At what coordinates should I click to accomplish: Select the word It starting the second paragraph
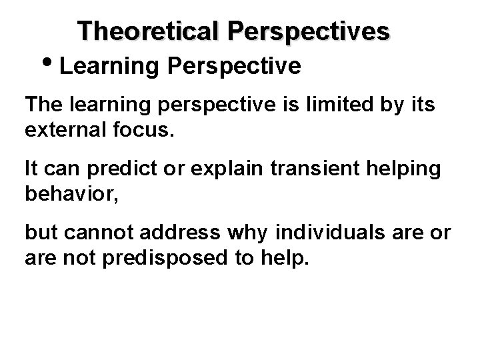pyautogui.click(x=31, y=169)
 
